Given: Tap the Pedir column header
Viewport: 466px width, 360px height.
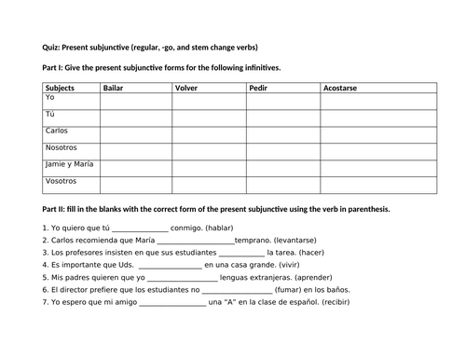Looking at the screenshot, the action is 258,87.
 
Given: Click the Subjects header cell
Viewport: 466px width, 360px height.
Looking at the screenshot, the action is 59,87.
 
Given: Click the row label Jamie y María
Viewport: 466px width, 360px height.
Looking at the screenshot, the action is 70,165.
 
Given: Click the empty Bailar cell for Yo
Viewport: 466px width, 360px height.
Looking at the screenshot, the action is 135,99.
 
